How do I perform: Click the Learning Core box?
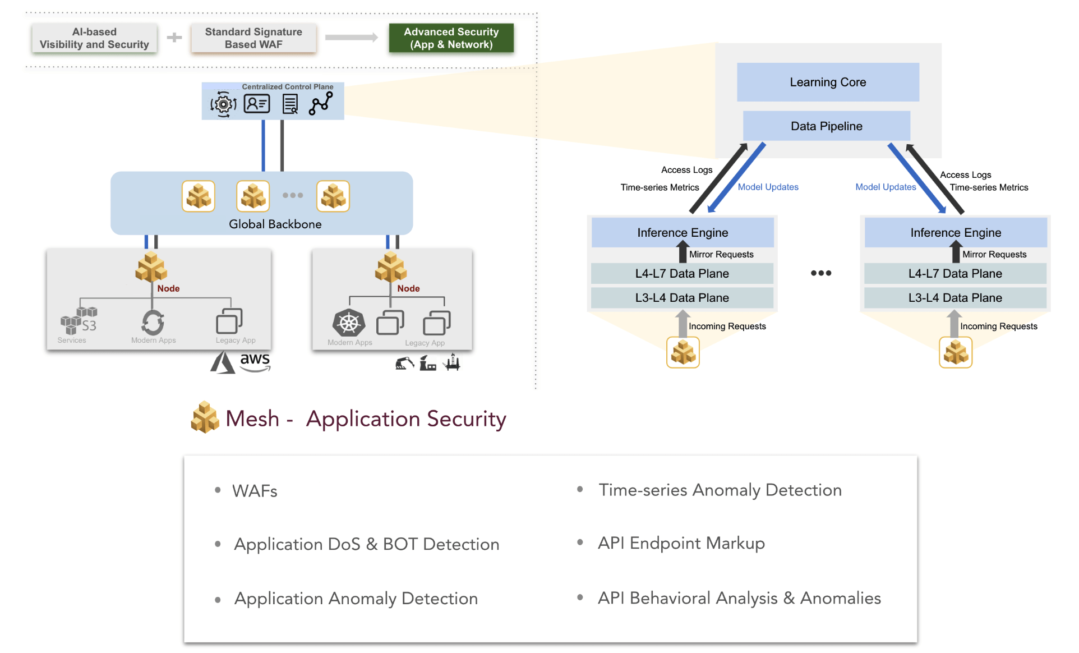(x=827, y=82)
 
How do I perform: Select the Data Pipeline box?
(x=826, y=126)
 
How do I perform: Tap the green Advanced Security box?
(x=451, y=38)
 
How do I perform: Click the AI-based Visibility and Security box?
(x=94, y=38)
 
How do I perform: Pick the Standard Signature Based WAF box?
(x=253, y=38)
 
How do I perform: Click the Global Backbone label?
(x=275, y=224)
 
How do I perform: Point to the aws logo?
(x=255, y=361)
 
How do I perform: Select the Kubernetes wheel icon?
(x=348, y=323)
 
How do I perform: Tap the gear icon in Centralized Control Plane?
(x=223, y=104)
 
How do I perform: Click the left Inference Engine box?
(x=682, y=232)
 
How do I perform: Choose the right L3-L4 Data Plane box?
(x=955, y=298)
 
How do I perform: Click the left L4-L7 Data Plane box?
(x=681, y=274)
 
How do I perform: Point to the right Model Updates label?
(x=885, y=187)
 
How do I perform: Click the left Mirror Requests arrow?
(x=683, y=252)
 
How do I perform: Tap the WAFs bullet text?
(x=255, y=491)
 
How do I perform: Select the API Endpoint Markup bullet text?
(x=681, y=543)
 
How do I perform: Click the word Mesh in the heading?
(x=252, y=419)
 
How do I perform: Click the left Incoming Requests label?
(x=727, y=326)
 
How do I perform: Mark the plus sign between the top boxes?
(x=174, y=38)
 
